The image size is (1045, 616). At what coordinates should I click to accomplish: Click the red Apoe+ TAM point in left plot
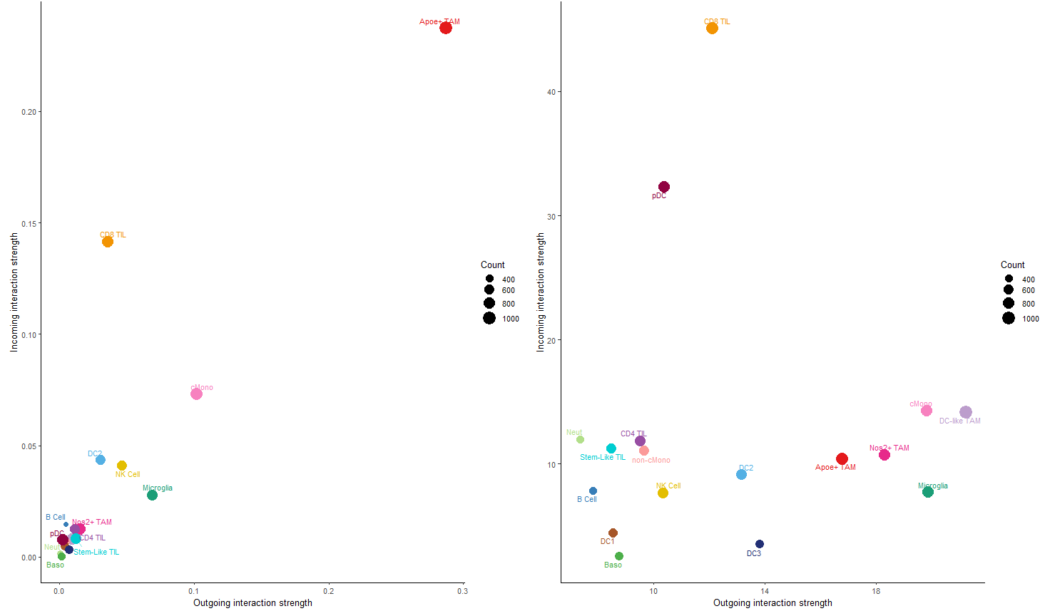[446, 28]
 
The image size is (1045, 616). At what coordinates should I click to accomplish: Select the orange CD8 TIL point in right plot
[712, 29]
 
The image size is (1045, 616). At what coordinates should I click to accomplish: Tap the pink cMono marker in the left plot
[196, 394]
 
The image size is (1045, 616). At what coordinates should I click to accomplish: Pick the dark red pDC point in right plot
[664, 187]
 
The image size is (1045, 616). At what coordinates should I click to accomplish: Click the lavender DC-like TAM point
[966, 412]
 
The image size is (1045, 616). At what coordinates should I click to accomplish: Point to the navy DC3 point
[760, 544]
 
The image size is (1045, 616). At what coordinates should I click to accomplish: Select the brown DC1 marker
[613, 533]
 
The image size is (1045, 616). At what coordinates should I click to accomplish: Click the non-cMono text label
[651, 461]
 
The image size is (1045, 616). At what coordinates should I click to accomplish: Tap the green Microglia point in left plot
[152, 496]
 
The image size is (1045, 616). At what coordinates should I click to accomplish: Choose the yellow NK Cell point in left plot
[122, 466]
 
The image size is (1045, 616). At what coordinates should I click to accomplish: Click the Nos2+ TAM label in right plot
[889, 448]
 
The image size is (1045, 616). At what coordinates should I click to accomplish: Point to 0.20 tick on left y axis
[29, 112]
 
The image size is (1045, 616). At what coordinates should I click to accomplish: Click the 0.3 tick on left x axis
[462, 591]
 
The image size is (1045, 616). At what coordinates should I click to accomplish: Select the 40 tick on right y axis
[551, 92]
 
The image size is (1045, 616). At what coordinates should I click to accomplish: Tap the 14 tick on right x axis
[765, 591]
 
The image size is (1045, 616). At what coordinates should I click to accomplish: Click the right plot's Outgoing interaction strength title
[773, 603]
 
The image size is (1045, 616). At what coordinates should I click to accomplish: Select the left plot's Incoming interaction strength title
[14, 292]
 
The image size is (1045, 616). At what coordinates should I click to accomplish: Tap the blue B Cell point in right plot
[593, 491]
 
